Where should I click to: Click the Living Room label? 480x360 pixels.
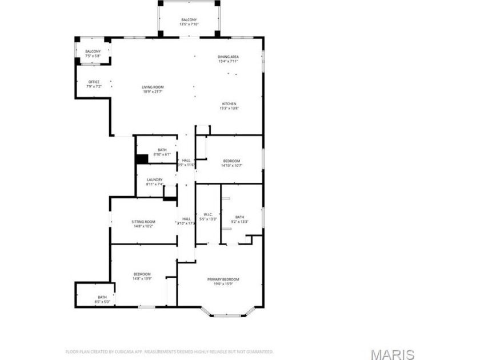point(153,87)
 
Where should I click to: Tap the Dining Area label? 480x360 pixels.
point(228,57)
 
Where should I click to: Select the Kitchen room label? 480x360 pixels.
point(229,104)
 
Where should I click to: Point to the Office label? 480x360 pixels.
point(94,82)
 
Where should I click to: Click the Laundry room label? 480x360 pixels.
point(154,179)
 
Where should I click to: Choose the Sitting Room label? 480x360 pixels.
point(143,222)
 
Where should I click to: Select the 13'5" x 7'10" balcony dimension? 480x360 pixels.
point(189,24)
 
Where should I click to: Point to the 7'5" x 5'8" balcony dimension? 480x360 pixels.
point(93,56)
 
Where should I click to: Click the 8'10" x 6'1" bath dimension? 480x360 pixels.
point(162,154)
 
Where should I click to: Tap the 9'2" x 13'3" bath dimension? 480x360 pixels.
point(239,221)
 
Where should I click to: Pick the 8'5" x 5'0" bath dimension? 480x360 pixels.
point(102,301)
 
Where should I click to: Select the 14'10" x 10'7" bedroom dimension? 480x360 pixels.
point(232,166)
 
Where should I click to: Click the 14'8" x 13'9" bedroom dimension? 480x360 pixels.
point(142,278)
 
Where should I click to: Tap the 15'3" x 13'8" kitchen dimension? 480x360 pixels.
point(229,109)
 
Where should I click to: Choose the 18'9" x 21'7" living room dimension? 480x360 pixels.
point(153,91)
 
